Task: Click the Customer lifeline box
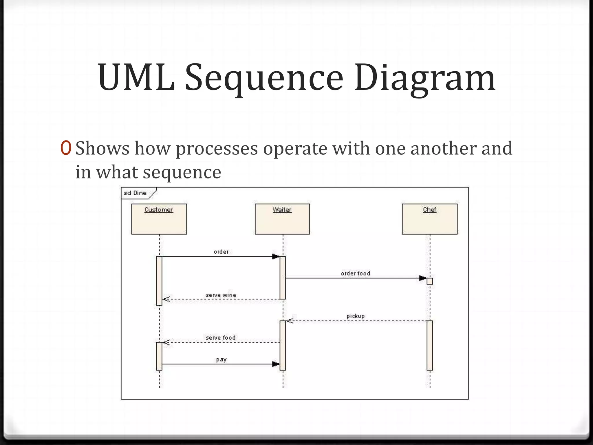159,219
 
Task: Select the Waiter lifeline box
282,219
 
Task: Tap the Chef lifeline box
430,219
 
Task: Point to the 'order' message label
221,252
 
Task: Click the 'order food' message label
356,273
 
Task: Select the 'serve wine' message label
221,295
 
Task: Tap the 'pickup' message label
356,316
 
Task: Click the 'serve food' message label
221,338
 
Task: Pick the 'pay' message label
221,360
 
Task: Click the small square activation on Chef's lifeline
430,281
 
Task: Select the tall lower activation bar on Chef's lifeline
430,345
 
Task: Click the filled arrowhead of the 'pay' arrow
276,364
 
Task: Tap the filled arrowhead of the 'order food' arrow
423,278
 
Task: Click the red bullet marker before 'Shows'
66,148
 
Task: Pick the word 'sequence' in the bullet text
182,172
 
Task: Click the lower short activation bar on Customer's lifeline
159,356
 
